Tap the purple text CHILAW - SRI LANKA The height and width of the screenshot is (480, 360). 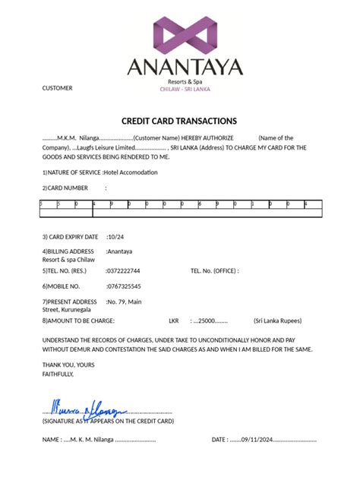coord(185,89)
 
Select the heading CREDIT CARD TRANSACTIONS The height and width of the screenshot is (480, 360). coord(179,122)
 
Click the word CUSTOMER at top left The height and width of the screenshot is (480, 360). coord(57,88)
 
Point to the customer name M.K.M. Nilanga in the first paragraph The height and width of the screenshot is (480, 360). coord(73,137)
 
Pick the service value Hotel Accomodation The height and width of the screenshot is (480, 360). coord(131,173)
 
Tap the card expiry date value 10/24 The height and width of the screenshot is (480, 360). coord(116,237)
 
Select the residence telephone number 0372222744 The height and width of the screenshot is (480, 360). coord(124,271)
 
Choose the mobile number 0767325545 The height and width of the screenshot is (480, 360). coord(124,286)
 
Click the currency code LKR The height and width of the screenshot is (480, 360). coord(173,321)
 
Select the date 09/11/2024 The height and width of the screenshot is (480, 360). coord(255,440)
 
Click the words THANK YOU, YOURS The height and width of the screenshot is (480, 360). coord(68,365)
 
